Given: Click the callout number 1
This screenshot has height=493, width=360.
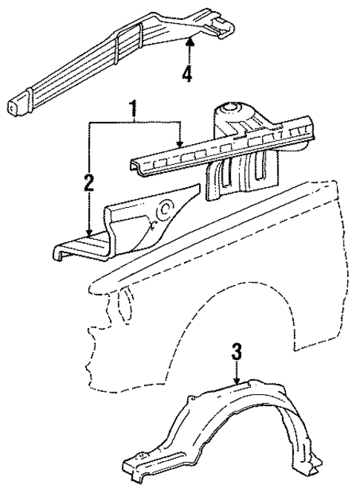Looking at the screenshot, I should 134,110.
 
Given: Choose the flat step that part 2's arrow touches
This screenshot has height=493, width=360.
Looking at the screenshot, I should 78,245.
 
